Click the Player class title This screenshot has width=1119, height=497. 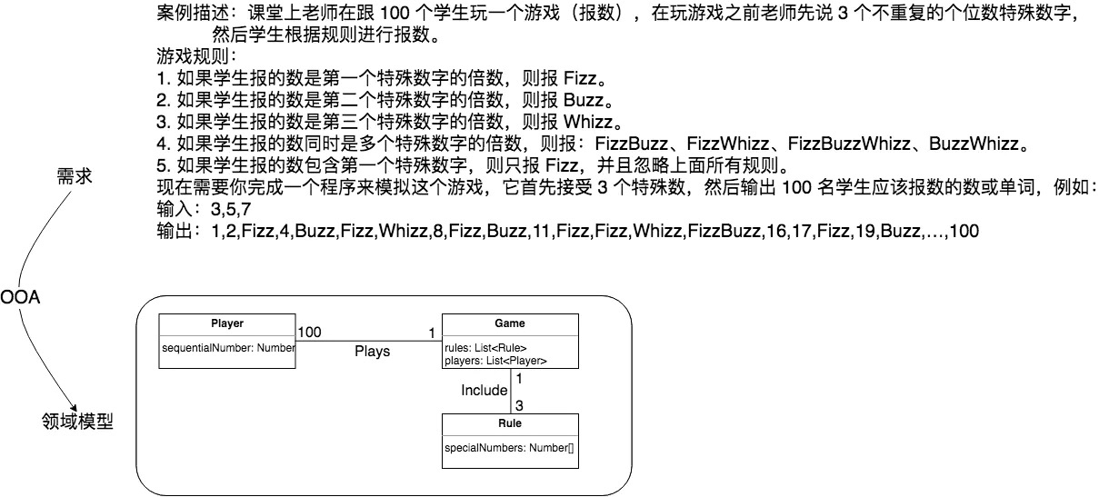point(227,323)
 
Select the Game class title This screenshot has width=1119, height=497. point(509,323)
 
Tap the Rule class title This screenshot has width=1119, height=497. point(509,423)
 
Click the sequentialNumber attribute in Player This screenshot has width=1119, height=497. point(227,348)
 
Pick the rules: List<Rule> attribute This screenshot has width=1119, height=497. point(485,348)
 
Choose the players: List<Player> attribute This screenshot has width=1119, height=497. point(495,361)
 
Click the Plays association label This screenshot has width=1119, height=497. point(372,351)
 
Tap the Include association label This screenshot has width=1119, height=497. point(484,391)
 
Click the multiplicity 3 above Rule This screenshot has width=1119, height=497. point(519,405)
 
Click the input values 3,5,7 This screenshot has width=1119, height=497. point(231,210)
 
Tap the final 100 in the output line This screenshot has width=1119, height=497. point(964,232)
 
